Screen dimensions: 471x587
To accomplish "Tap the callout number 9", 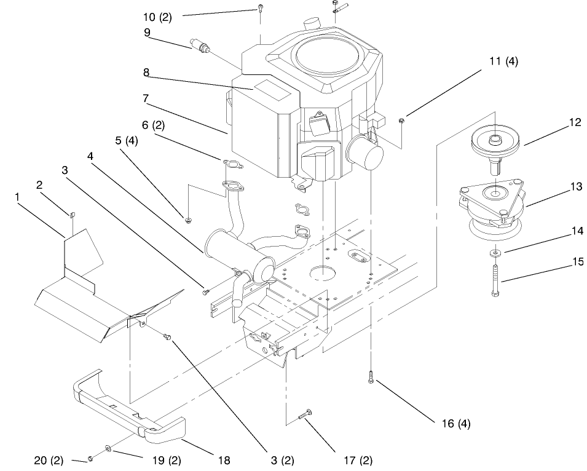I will coord(148,33).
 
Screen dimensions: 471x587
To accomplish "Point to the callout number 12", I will coord(575,122).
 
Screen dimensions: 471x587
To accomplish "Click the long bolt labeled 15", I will coord(494,280).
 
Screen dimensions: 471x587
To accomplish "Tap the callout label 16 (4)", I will coord(456,423).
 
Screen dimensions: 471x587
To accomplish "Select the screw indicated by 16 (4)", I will coord(371,377).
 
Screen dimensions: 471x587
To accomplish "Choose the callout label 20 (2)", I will coord(49,460).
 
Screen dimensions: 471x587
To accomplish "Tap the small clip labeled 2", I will coord(71,214).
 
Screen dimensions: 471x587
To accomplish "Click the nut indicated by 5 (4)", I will coord(186,219).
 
